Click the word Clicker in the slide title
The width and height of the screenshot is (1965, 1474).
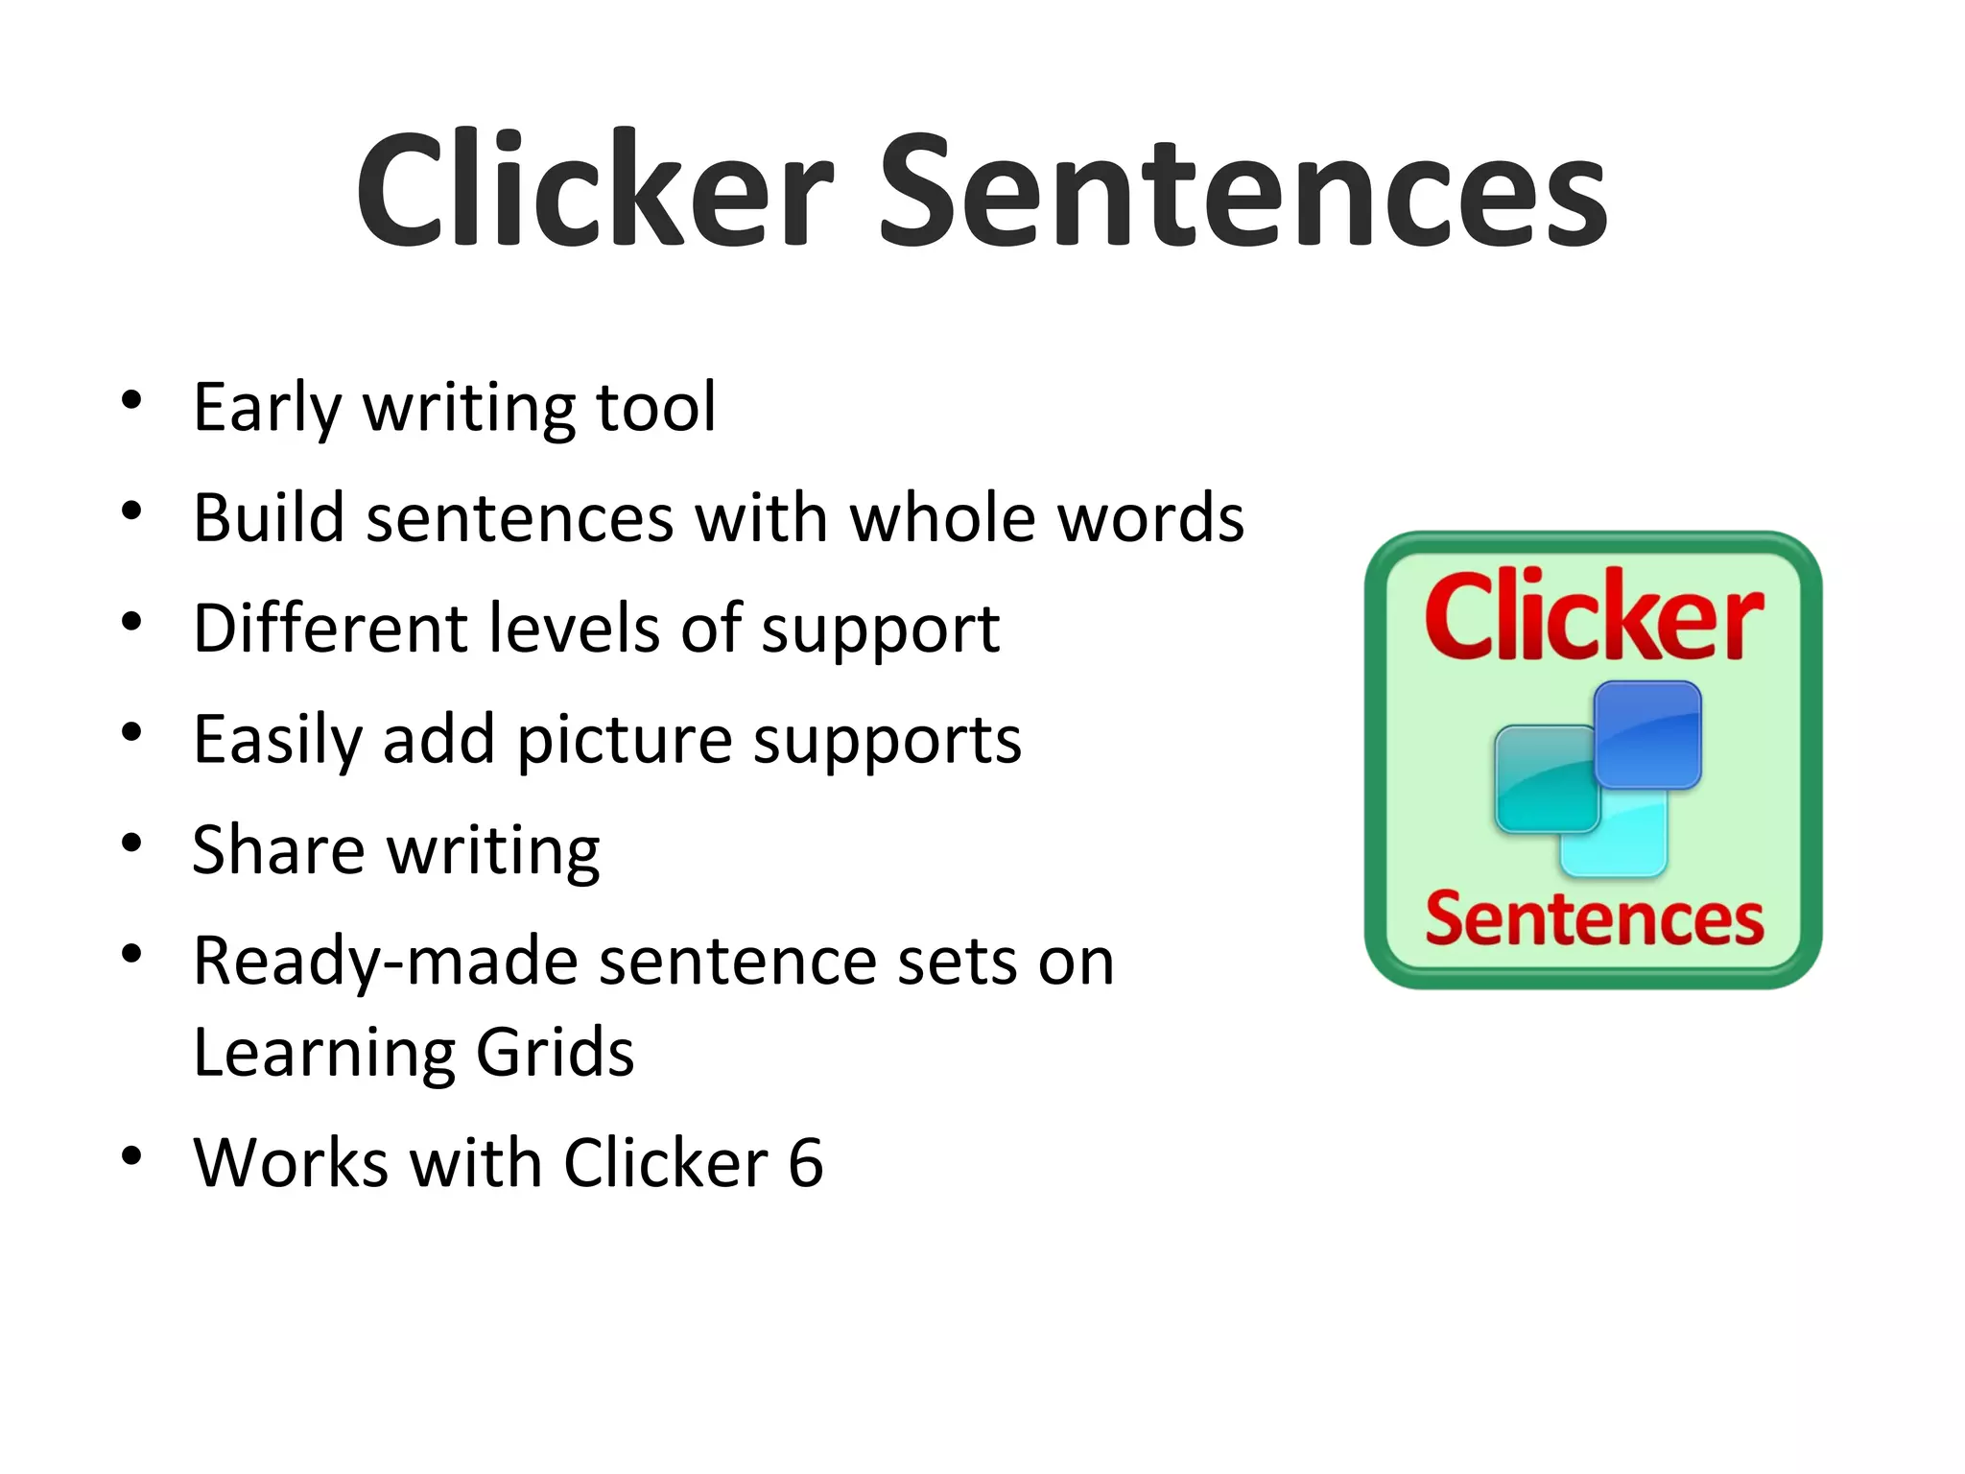[595, 192]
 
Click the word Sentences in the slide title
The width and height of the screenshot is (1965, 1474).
[1243, 192]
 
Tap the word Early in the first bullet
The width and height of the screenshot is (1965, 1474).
[267, 407]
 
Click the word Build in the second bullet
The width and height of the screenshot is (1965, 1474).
[269, 518]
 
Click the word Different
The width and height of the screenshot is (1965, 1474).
[330, 629]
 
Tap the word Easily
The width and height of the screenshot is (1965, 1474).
[277, 741]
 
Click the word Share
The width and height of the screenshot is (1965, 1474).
[278, 850]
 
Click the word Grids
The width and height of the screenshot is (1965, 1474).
[555, 1053]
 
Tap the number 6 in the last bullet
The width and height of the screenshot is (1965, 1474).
[806, 1163]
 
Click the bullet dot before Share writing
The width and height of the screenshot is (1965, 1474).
[131, 844]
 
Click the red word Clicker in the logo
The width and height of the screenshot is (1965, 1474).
[1593, 616]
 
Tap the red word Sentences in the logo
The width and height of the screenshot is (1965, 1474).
[1594, 918]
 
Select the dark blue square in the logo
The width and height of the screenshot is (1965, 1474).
[1648, 734]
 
